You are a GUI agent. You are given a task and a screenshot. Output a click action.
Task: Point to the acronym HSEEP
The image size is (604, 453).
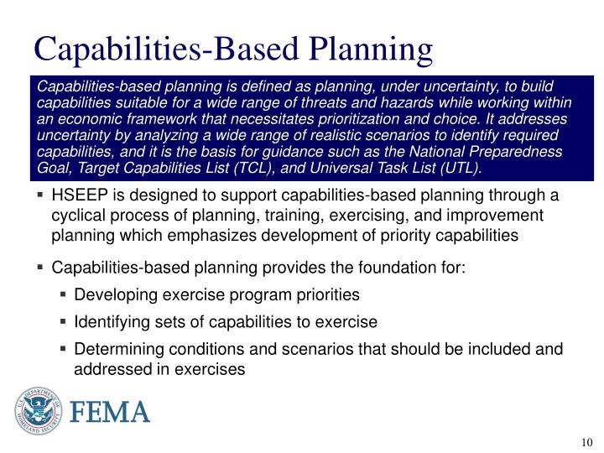coord(78,196)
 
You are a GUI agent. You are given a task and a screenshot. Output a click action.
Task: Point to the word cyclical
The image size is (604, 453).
coord(81,216)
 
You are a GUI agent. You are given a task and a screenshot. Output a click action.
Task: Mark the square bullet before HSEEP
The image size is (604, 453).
coord(40,197)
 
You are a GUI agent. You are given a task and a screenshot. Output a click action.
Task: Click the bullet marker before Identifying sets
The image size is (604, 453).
coord(64,322)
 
